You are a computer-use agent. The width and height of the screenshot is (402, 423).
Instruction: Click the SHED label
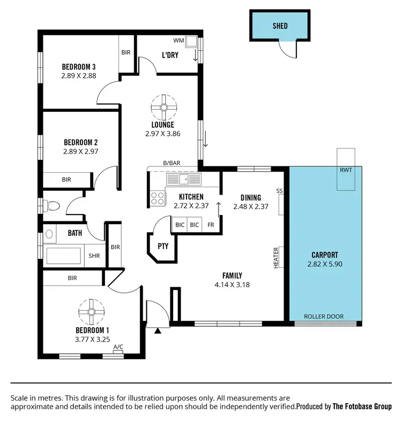[x=280, y=25]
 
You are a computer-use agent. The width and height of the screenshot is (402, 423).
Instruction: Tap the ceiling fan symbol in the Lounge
[x=163, y=107]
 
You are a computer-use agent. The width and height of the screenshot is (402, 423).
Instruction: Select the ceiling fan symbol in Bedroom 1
[x=90, y=311]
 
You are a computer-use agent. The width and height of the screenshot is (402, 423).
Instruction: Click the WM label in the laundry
[x=178, y=41]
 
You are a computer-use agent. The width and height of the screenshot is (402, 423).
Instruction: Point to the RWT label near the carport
[x=346, y=171]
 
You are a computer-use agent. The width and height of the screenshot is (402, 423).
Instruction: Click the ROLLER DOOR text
[x=324, y=317]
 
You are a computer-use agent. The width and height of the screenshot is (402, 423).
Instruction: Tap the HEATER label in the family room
[x=277, y=257]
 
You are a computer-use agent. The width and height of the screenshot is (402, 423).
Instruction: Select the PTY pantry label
[x=162, y=247]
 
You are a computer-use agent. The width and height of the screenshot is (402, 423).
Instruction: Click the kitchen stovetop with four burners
[x=158, y=198]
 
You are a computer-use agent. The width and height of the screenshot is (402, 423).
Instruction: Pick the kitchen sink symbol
[x=183, y=179]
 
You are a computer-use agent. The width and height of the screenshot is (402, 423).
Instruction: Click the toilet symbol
[x=52, y=205]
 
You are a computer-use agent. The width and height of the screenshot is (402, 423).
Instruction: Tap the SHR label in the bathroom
[x=94, y=256]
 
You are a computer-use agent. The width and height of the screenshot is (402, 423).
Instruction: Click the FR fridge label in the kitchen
[x=211, y=225]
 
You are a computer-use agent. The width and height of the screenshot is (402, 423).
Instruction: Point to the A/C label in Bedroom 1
[x=118, y=347]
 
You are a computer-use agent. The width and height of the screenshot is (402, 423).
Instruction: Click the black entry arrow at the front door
[x=158, y=331]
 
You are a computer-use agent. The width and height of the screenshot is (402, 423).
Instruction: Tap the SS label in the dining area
[x=279, y=191]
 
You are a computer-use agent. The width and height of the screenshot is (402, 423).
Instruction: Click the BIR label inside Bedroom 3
[x=126, y=52]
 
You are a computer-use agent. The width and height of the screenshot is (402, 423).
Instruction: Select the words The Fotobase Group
[x=362, y=406]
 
